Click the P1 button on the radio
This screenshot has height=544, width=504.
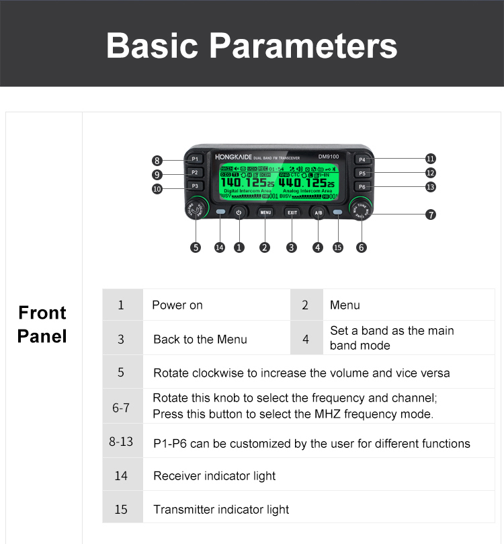click(194, 159)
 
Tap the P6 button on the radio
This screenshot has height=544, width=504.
click(362, 186)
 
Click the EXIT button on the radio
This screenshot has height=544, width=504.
click(292, 212)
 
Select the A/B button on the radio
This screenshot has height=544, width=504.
click(318, 212)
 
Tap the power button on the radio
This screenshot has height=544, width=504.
click(239, 212)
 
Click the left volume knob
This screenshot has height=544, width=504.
click(196, 210)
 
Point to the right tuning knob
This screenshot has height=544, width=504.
click(361, 210)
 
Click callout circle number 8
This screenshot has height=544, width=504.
click(157, 161)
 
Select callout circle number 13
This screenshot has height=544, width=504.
click(431, 187)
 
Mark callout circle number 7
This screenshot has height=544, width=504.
click(431, 215)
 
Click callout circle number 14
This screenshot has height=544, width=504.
click(219, 247)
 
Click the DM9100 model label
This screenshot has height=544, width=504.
click(329, 156)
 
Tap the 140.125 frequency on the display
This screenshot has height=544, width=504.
click(244, 182)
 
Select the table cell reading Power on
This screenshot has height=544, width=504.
click(177, 305)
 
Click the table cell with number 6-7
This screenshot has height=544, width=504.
click(121, 406)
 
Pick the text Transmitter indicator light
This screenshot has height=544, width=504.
click(221, 510)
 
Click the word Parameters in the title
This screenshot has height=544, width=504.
click(303, 46)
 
